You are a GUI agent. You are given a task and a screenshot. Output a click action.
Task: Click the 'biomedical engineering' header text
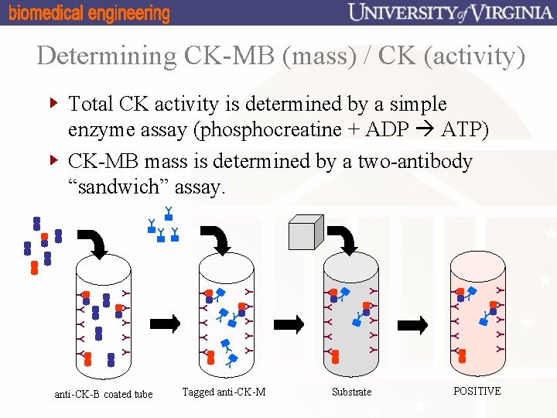tap(89, 13)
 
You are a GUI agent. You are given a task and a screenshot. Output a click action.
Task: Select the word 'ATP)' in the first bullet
tap(464, 129)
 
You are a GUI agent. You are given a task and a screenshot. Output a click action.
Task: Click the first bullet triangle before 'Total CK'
tap(53, 102)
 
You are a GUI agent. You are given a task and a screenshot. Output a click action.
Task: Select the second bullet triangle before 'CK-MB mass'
tap(53, 160)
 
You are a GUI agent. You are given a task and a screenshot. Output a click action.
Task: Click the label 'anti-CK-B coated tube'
tap(104, 394)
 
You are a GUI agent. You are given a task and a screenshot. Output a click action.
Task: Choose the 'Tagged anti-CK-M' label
tap(224, 392)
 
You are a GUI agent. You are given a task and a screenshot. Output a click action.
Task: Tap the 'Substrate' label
tap(351, 392)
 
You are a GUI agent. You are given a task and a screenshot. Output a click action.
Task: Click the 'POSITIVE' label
tap(477, 391)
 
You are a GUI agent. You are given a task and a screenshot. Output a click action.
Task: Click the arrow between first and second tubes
tap(165, 323)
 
